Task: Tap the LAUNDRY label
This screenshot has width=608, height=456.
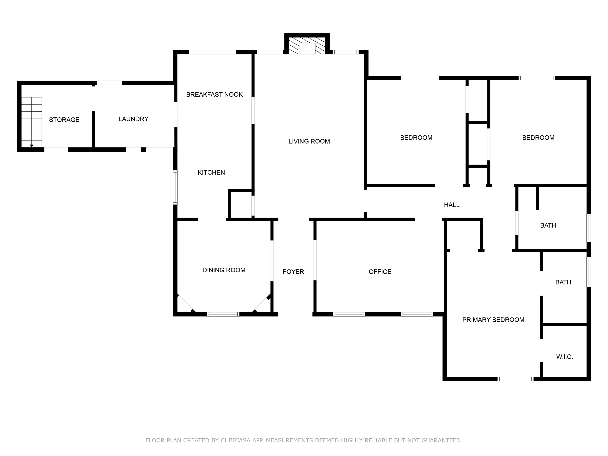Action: pos(133,119)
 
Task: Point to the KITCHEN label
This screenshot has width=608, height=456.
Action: pos(211,172)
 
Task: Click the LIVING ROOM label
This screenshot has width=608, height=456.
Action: pos(309,141)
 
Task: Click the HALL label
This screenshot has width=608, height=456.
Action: pos(452,205)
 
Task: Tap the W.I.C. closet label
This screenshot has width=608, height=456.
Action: pos(565,357)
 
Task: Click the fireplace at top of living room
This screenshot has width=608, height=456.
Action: pos(307,46)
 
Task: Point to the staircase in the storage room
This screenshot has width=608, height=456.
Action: pos(32,122)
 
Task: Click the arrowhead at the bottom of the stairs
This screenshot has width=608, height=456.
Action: pos(32,146)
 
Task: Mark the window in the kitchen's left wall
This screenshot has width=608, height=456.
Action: pos(175,187)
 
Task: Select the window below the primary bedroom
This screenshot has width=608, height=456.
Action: pos(515,379)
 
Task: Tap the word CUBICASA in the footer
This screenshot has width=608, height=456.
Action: pos(236,440)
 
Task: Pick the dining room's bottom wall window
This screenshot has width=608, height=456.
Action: pos(223,314)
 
